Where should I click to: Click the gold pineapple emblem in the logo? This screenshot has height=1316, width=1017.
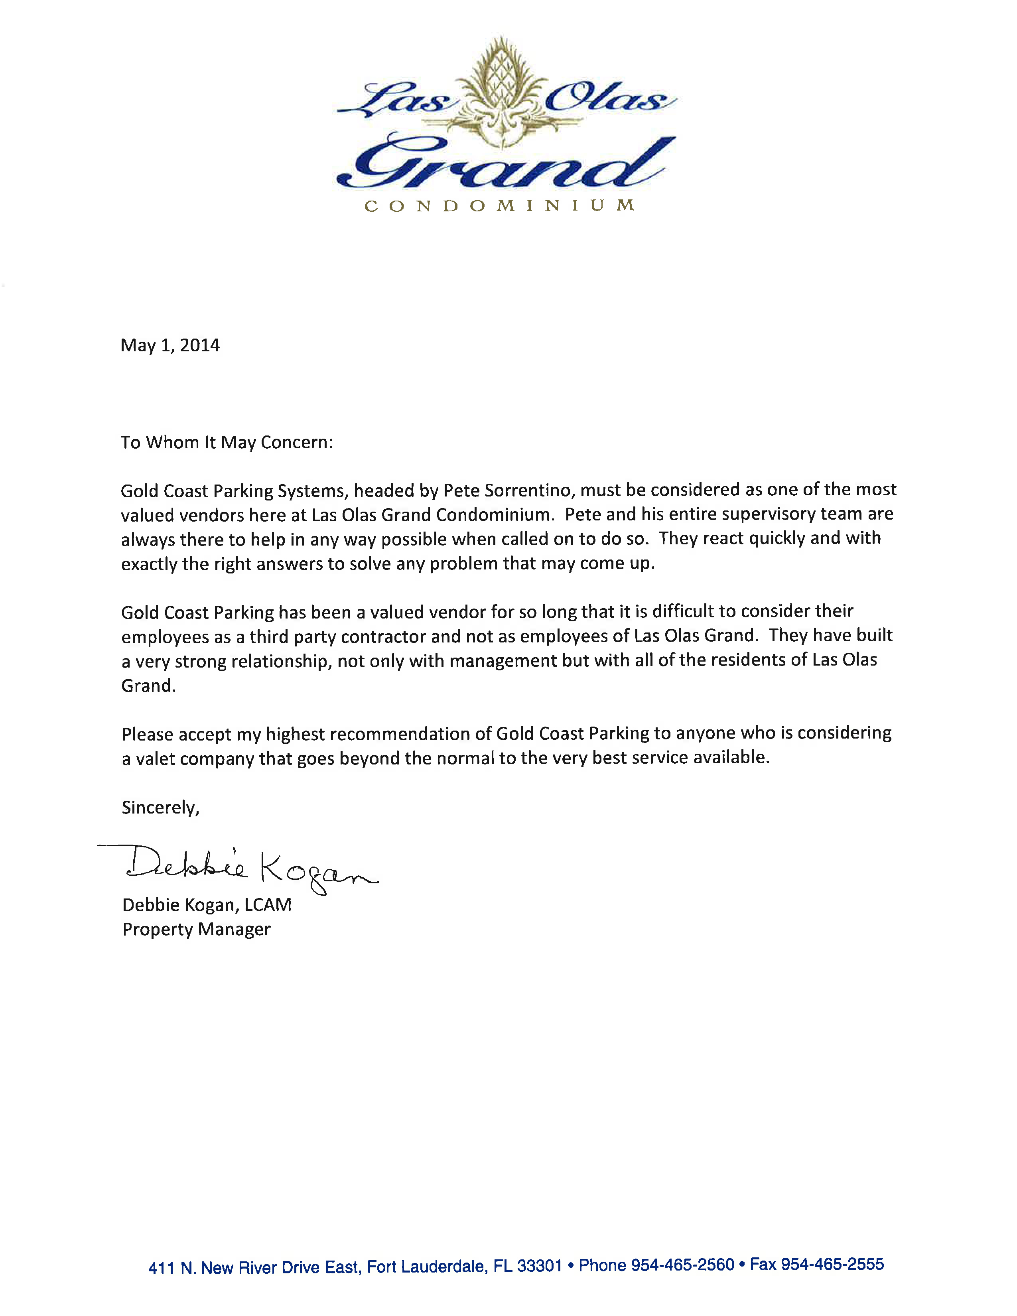point(501,91)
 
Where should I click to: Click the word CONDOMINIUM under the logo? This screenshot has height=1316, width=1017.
point(499,206)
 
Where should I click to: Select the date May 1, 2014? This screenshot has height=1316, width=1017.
point(170,345)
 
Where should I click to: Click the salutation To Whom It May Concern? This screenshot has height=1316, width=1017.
point(227,442)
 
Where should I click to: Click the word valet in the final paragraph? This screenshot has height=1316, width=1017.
point(155,758)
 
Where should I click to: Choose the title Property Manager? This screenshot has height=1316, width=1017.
point(196,929)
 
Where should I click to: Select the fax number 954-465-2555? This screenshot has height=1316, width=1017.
point(832,1264)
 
